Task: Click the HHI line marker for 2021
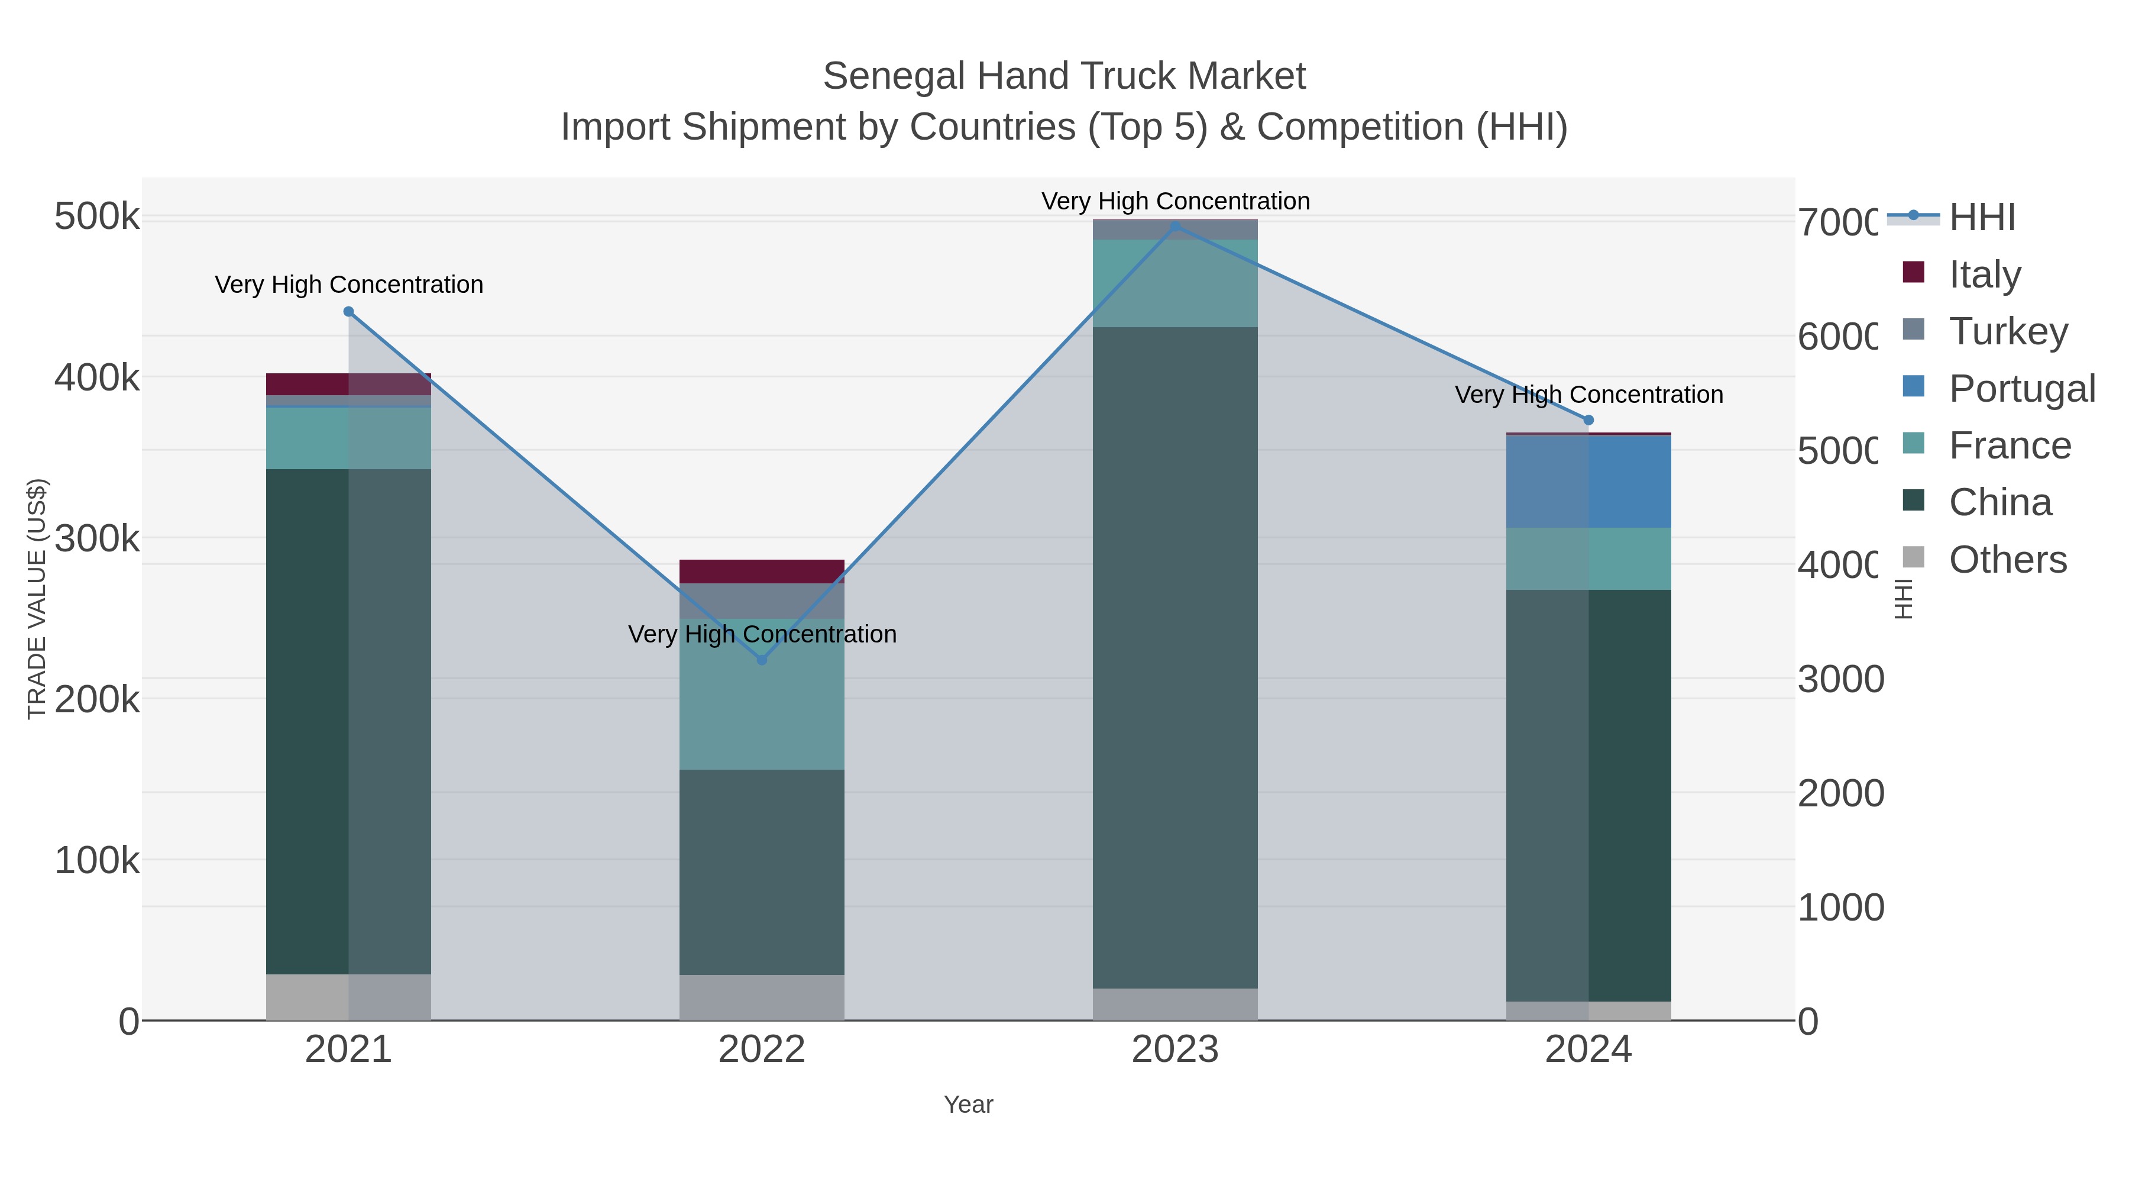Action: [x=348, y=312]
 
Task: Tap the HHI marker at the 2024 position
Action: [x=1588, y=420]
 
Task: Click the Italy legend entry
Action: [x=1984, y=275]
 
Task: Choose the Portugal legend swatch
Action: [x=1913, y=387]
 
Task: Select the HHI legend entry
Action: [x=1981, y=218]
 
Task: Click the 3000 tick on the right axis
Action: [x=1840, y=680]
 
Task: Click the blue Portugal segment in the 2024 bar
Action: [x=1588, y=481]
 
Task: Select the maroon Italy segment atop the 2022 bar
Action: [x=761, y=571]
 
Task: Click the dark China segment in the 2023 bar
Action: [x=1174, y=657]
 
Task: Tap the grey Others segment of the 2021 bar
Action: [x=348, y=997]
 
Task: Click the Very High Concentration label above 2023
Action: [x=1174, y=201]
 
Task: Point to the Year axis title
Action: [x=968, y=1105]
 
